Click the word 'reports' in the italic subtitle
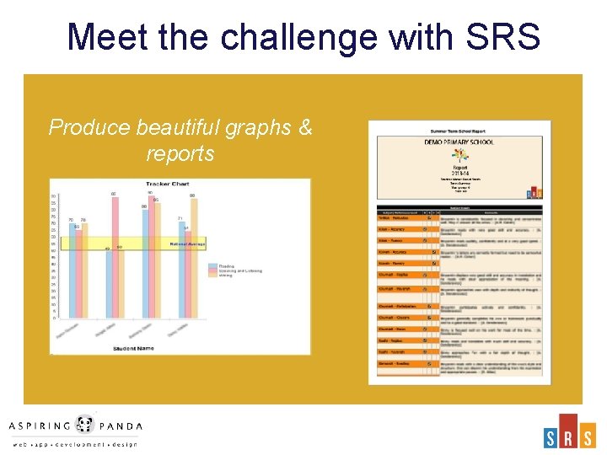pyautogui.click(x=180, y=154)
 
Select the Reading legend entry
pyautogui.click(x=226, y=265)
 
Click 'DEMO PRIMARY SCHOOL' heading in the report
pyautogui.click(x=459, y=142)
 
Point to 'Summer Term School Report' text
pyautogui.click(x=459, y=132)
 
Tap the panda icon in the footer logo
pyautogui.click(x=84, y=425)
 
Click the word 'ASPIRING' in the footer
pyautogui.click(x=42, y=426)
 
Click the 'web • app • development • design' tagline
pyautogui.click(x=74, y=444)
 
